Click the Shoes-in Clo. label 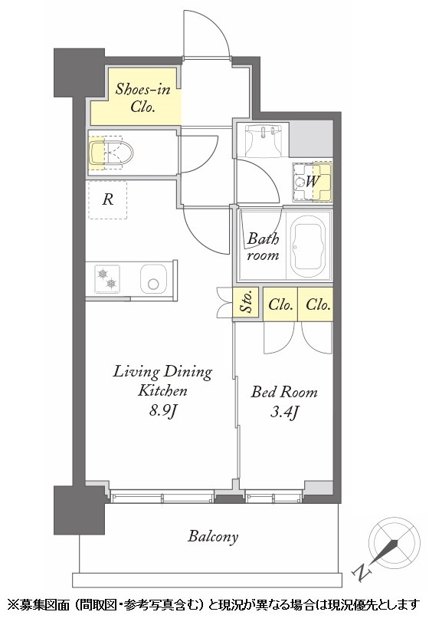[x=142, y=97]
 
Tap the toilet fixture [x=111, y=153]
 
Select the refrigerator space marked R [x=107, y=199]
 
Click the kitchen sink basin [x=153, y=278]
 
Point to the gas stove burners [x=106, y=278]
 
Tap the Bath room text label [x=263, y=247]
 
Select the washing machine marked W [x=312, y=182]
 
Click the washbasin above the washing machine [x=263, y=140]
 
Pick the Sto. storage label [x=247, y=304]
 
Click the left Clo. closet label [x=280, y=305]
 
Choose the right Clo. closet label [x=318, y=305]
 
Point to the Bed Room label [x=284, y=392]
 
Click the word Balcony [x=213, y=537]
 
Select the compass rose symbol [x=394, y=542]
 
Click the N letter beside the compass [x=362, y=572]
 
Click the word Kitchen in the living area [x=162, y=390]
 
